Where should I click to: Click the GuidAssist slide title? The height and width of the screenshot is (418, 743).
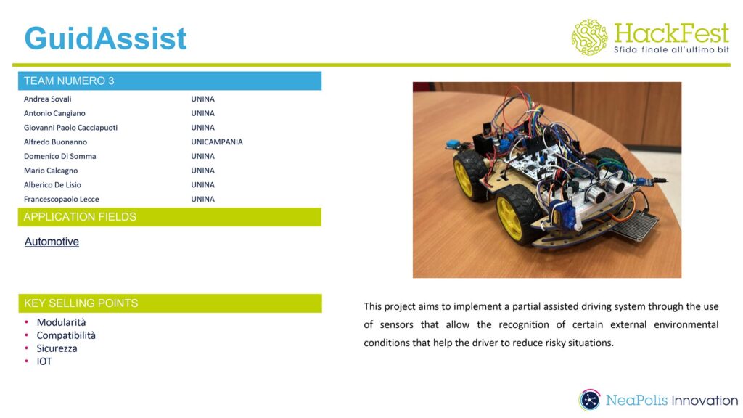[x=106, y=38]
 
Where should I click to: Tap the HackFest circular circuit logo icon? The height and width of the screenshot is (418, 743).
[x=589, y=37]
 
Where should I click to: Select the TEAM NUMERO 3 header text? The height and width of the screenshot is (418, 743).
[x=69, y=81]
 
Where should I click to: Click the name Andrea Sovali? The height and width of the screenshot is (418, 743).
[x=47, y=99]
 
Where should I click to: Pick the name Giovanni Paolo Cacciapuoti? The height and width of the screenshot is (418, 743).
[x=70, y=128]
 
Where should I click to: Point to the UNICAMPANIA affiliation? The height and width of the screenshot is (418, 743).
[x=217, y=142]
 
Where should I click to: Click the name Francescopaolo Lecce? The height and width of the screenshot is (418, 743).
[x=62, y=199]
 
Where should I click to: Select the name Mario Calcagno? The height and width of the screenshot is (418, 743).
[x=51, y=171]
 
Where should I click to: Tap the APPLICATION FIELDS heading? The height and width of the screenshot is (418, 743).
[x=80, y=217]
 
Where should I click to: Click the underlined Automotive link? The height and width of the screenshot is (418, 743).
[x=52, y=242]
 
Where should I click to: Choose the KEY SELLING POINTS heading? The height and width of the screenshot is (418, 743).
[x=81, y=303]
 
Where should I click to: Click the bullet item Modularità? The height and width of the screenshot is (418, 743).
[x=61, y=322]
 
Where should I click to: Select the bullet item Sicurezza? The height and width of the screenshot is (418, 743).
[x=57, y=348]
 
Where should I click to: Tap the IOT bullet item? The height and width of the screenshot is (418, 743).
[x=44, y=361]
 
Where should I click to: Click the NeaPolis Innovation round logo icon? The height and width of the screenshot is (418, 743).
[x=589, y=400]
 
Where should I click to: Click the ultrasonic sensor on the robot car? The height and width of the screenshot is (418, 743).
[x=607, y=188]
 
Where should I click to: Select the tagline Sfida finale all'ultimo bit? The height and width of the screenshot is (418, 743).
[x=671, y=50]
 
